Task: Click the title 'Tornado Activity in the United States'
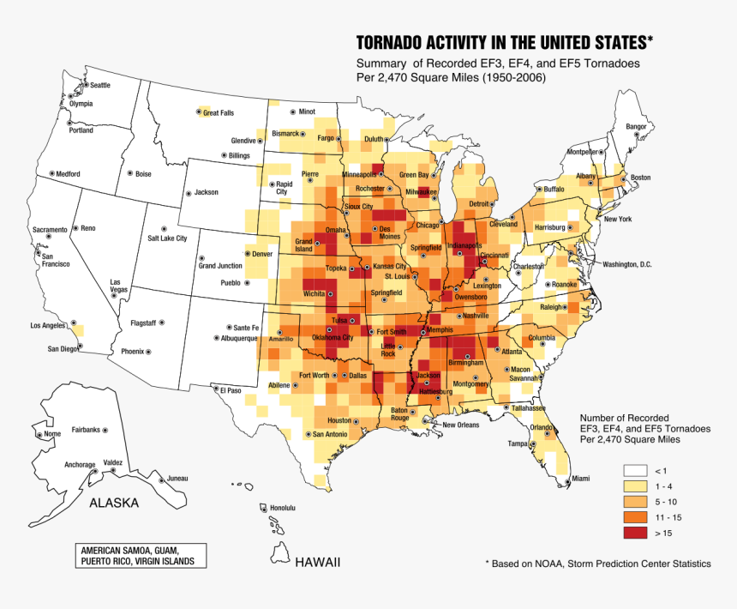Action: (504, 43)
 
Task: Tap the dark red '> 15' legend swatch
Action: (635, 534)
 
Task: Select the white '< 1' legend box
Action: (635, 471)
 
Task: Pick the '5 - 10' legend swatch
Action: (635, 502)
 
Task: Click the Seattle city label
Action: (100, 85)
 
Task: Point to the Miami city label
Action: (581, 478)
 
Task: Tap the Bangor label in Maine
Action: (636, 127)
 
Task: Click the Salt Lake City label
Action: (167, 238)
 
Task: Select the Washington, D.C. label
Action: (627, 264)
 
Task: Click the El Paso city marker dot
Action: (215, 388)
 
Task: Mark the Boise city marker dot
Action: (130, 173)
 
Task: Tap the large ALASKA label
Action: (115, 503)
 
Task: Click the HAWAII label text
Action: (318, 563)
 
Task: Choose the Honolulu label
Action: (283, 508)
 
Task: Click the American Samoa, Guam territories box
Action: (131, 555)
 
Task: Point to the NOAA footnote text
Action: (597, 564)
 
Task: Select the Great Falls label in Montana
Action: (218, 113)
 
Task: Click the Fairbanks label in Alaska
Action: (86, 429)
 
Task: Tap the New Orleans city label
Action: (460, 425)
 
